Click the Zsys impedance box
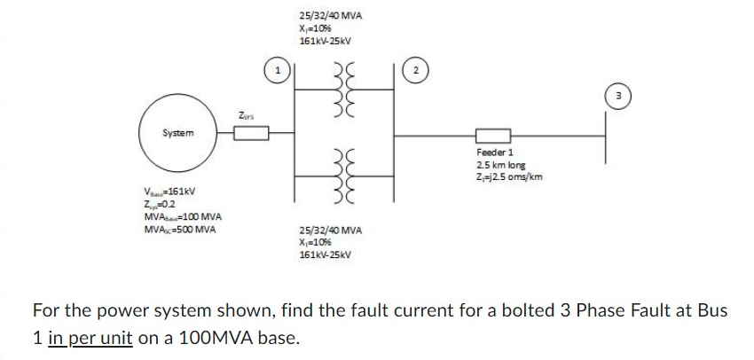[251, 134]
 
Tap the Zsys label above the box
[248, 114]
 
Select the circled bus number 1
[279, 68]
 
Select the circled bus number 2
[415, 68]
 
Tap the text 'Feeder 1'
[495, 153]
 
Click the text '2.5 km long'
[500, 165]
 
